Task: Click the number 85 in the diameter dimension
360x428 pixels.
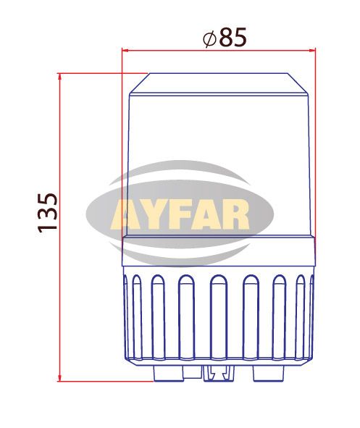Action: [233, 37]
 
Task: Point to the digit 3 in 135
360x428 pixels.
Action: [48, 214]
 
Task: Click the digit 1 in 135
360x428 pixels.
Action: [48, 228]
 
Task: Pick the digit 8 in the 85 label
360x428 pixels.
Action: [226, 37]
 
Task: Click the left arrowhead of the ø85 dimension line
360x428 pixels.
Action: [125, 50]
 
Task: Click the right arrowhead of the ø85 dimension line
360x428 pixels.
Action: [312, 50]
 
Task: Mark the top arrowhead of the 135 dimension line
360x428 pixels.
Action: [59, 77]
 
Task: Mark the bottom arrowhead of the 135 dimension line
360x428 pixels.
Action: [59, 378]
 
